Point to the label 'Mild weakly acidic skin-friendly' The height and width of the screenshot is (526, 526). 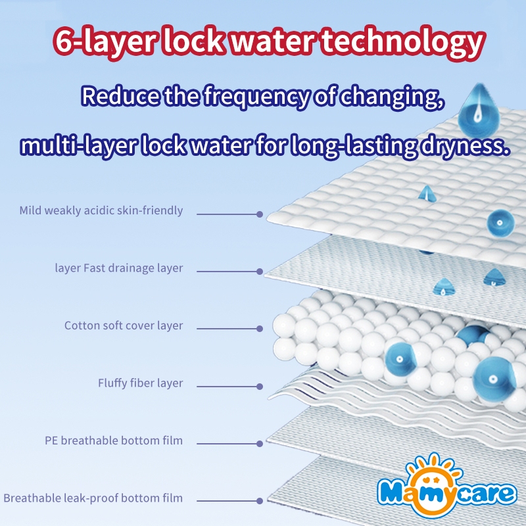pos(101,211)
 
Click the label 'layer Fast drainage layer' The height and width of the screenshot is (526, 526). pos(119,268)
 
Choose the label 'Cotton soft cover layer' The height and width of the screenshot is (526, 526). pos(124,325)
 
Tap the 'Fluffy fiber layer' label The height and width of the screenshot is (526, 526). pos(141,383)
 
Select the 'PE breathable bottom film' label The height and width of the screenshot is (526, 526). pos(114,441)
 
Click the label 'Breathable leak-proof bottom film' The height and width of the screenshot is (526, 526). pos(93,498)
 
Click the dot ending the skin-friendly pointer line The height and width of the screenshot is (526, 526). pos(260,214)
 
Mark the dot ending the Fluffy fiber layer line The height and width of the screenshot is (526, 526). pos(260,387)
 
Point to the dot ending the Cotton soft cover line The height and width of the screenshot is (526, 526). pos(260,329)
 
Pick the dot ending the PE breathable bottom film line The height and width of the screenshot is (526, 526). pos(260,444)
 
